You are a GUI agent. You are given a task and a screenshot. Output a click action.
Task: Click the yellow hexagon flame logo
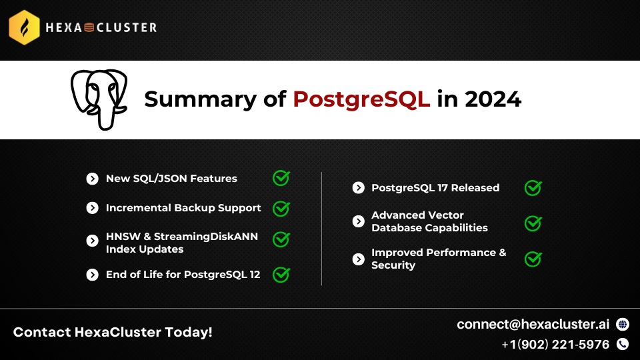(x=24, y=27)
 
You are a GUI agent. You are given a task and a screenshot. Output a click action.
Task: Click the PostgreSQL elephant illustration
(x=99, y=99)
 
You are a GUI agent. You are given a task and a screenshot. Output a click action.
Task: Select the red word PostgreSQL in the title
(x=361, y=99)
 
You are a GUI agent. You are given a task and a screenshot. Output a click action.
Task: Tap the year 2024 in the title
(x=493, y=99)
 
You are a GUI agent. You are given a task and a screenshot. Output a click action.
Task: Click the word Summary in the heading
(x=201, y=100)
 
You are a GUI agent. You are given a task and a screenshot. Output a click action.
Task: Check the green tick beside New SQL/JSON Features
(x=281, y=178)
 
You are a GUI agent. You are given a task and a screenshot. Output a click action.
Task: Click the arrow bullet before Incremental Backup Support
(x=92, y=208)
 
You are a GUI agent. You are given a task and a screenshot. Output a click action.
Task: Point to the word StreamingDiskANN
(x=206, y=236)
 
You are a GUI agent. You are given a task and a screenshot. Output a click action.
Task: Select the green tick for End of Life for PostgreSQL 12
(x=281, y=274)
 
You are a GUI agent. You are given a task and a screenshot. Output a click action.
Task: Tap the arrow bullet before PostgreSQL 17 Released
(x=359, y=188)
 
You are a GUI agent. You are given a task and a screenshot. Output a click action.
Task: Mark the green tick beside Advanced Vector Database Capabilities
(x=533, y=223)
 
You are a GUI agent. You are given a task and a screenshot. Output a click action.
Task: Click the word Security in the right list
(x=393, y=265)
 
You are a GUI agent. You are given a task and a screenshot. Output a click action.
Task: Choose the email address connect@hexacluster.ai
(x=533, y=324)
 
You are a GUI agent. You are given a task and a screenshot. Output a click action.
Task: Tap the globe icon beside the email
(x=623, y=324)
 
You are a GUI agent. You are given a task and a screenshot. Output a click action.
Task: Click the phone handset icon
(x=623, y=344)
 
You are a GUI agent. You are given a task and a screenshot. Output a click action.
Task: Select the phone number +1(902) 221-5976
(x=555, y=345)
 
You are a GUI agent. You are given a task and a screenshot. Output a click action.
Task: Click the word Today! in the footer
(x=189, y=332)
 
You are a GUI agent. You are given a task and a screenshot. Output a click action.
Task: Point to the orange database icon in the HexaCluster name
(x=89, y=27)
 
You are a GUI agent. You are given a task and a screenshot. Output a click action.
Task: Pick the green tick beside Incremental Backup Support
(x=281, y=209)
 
